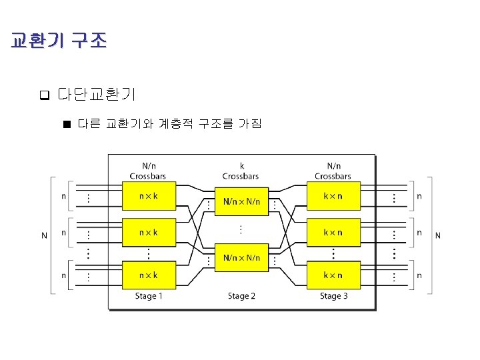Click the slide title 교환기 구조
[x=58, y=41]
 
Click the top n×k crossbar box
[x=148, y=197]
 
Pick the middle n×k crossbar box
[x=148, y=233]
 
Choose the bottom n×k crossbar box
[x=148, y=274]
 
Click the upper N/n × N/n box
[x=241, y=201]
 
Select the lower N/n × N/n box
[x=241, y=257]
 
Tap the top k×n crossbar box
[x=333, y=197]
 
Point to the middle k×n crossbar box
[x=333, y=233]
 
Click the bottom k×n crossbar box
[x=333, y=274]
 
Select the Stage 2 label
[x=241, y=296]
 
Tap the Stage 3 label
[x=333, y=296]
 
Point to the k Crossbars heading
[x=241, y=171]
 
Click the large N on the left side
[x=44, y=235]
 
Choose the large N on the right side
[x=438, y=235]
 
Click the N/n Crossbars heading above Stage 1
[x=147, y=171]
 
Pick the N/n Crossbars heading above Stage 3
[x=333, y=171]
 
